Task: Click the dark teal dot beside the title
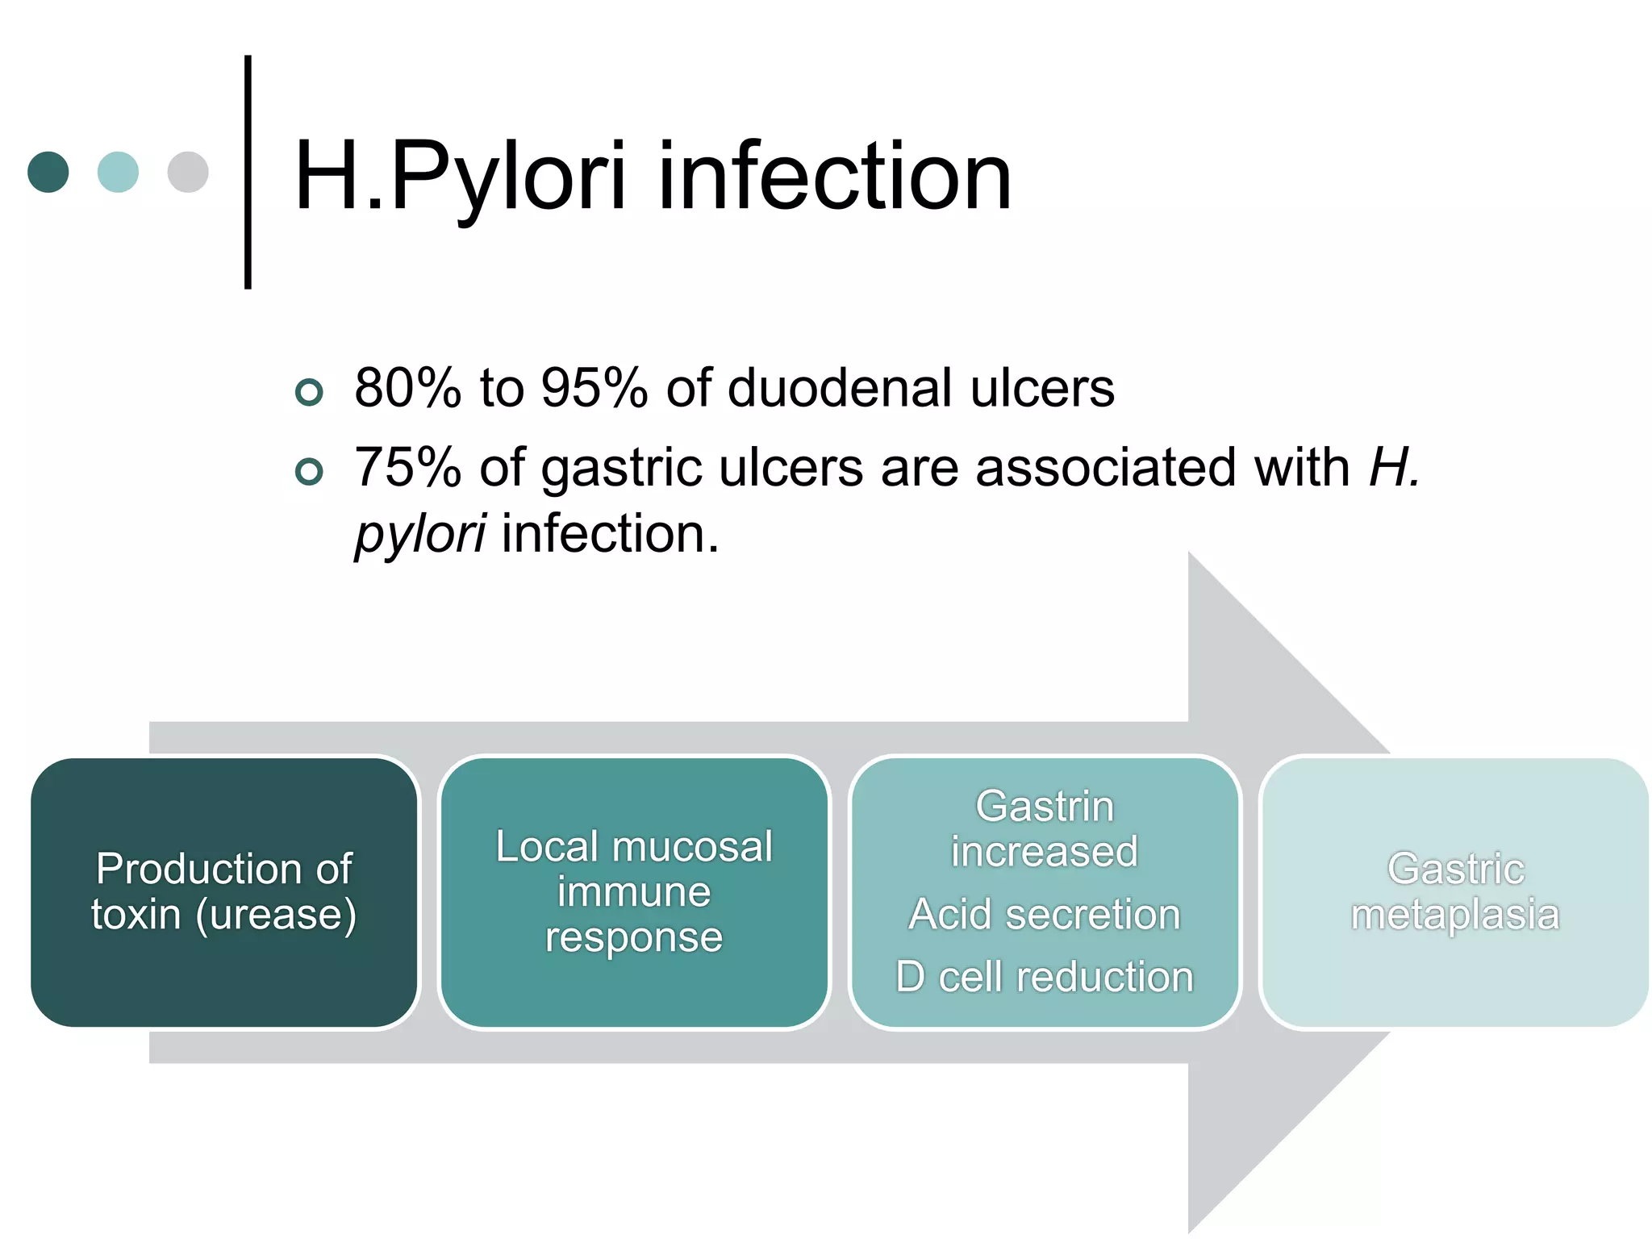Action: click(x=48, y=172)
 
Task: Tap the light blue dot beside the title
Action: click(x=118, y=172)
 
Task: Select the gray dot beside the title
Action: click(x=188, y=172)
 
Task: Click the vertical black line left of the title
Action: click(x=248, y=172)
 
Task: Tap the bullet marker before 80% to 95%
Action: click(x=309, y=392)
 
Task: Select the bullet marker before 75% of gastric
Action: click(x=309, y=471)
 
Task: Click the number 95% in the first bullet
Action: click(x=594, y=388)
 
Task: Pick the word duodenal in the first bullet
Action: click(x=839, y=388)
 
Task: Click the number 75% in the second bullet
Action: click(x=407, y=468)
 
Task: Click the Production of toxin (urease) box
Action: click(x=224, y=891)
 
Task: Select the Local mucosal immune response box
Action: click(x=634, y=891)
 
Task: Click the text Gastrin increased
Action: click(x=1045, y=828)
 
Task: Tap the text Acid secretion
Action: click(x=1045, y=915)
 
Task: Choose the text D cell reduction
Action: click(x=1045, y=977)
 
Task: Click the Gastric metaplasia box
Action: click(x=1455, y=891)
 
